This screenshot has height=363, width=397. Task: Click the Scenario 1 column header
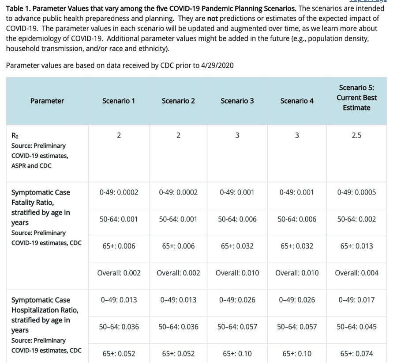click(x=119, y=101)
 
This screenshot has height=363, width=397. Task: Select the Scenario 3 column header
click(x=237, y=101)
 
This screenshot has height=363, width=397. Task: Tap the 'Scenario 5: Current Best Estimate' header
click(x=356, y=98)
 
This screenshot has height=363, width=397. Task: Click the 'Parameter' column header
click(x=47, y=101)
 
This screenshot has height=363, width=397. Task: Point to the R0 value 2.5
click(x=356, y=135)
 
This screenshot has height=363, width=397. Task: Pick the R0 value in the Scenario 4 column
click(x=297, y=135)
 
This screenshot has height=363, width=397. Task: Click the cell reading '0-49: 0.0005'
click(x=356, y=192)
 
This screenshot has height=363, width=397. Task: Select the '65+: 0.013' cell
click(x=356, y=246)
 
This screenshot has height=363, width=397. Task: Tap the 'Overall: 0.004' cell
click(x=356, y=273)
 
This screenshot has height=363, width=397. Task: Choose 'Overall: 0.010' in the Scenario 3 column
click(x=237, y=273)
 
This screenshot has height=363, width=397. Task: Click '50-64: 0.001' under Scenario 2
click(x=178, y=219)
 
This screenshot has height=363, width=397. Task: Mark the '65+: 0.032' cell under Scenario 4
click(x=297, y=246)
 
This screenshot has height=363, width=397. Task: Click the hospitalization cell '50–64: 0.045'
click(x=356, y=327)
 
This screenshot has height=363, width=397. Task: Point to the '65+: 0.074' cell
click(x=356, y=353)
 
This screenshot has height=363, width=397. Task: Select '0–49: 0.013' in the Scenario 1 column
click(x=119, y=300)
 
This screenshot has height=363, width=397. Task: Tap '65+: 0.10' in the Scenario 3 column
click(x=237, y=353)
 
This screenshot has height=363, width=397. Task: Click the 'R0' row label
click(x=15, y=136)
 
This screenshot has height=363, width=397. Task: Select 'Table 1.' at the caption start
click(x=18, y=8)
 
